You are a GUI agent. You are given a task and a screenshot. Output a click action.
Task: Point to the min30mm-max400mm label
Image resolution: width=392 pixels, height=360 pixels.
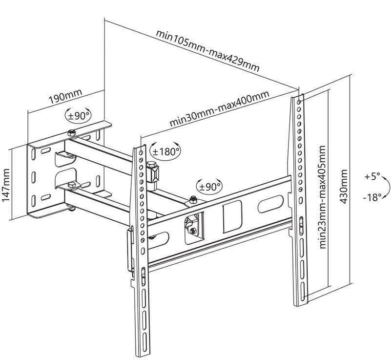pos(220,109)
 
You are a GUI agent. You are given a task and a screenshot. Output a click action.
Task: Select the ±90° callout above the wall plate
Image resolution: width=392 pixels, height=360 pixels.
pos(78,116)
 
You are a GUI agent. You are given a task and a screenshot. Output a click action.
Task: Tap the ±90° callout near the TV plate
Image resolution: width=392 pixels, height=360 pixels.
pos(209,186)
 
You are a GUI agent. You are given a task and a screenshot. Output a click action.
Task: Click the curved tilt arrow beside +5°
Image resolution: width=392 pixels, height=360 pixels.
pos(385,187)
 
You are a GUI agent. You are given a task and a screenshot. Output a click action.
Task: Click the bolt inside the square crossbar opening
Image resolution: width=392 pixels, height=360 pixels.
pos(191,229)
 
